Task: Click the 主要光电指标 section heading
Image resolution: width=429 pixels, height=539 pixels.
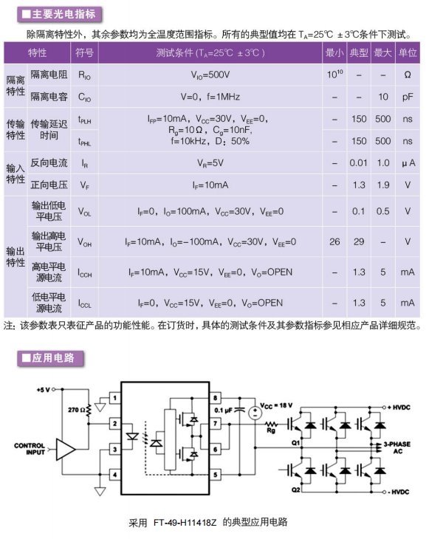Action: (59, 15)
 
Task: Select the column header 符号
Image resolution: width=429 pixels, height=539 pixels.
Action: (84, 52)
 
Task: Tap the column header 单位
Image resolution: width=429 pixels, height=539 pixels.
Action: (408, 52)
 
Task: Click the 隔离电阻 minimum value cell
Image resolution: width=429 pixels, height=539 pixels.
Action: (334, 75)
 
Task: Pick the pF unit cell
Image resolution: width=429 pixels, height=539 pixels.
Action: (408, 97)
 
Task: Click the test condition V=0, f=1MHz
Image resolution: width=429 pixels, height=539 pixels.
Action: (210, 97)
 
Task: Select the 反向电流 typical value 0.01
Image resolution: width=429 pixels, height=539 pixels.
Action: (359, 163)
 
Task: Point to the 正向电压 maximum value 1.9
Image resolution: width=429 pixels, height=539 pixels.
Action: (383, 185)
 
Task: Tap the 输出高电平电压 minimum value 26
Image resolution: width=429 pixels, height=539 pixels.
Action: (334, 241)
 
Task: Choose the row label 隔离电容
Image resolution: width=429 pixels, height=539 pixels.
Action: (49, 97)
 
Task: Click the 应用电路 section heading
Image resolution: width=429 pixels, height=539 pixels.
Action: (50, 358)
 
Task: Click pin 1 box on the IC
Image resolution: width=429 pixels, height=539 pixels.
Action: (114, 398)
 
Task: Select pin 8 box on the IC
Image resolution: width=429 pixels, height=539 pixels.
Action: (215, 398)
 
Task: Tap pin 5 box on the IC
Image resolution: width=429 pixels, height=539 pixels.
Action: (215, 475)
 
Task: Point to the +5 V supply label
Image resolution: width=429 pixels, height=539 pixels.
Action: (44, 389)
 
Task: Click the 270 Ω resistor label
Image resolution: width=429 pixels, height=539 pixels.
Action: (76, 410)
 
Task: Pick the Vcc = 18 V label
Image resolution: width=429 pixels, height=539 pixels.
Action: (276, 405)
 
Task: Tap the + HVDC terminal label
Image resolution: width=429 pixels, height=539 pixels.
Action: (399, 408)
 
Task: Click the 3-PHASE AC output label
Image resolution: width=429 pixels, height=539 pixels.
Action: (397, 447)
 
